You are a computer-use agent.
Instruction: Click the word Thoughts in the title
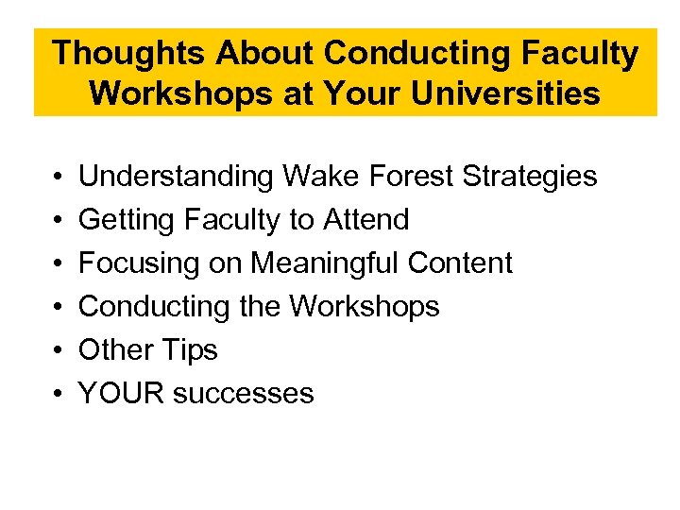[129, 54]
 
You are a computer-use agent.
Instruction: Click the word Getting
[127, 220]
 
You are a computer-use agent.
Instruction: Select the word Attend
[366, 220]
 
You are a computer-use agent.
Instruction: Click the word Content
[468, 263]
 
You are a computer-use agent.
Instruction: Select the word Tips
[190, 350]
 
